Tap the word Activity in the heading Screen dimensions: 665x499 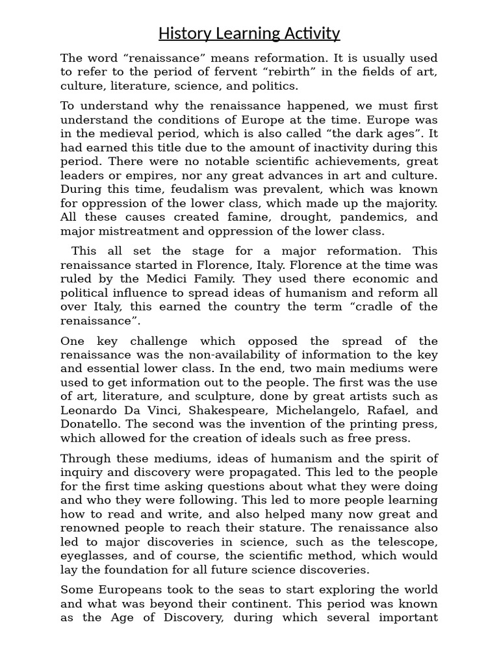[311, 33]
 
